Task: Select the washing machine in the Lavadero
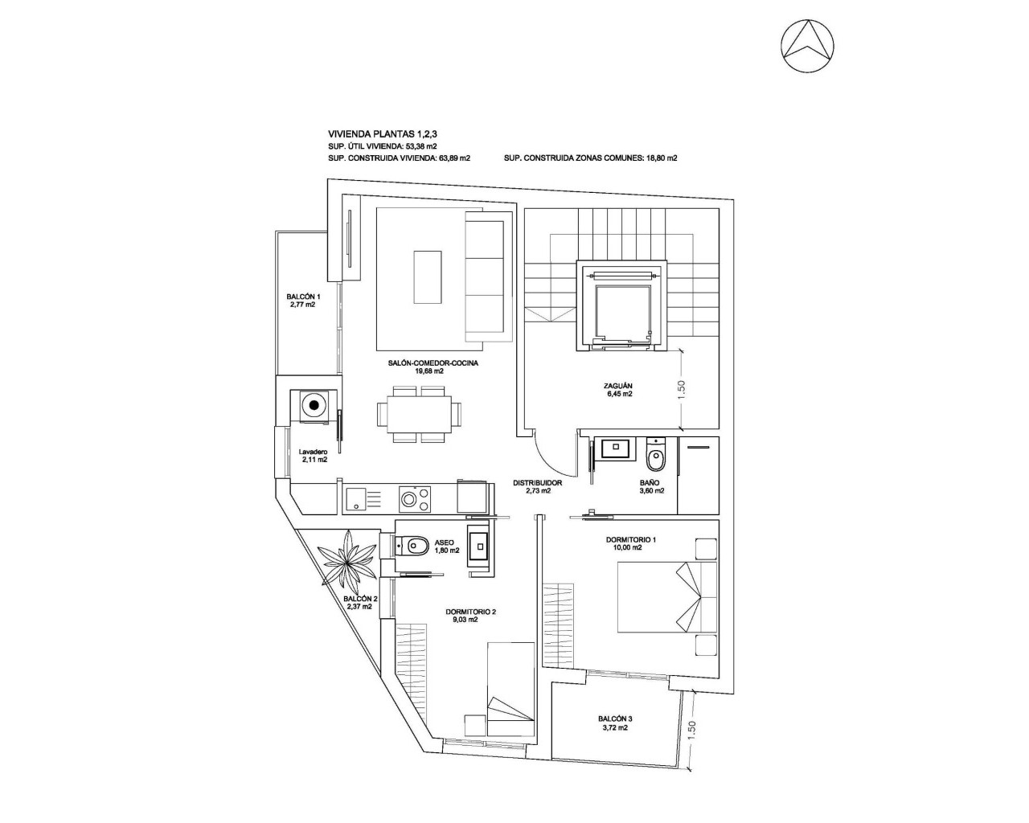[313, 405]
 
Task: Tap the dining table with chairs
[420, 414]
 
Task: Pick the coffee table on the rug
[428, 275]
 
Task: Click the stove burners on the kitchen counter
[415, 499]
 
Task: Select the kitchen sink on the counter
[356, 499]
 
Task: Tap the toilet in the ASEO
[412, 547]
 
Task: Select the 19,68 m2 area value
[429, 371]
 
